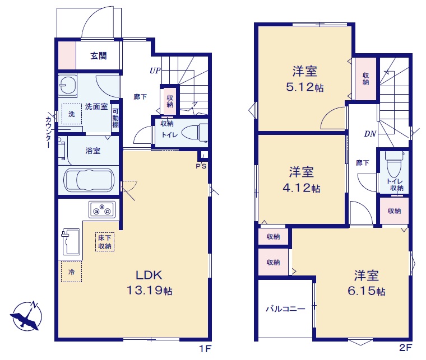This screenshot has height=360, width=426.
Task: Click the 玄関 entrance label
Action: (x=98, y=56)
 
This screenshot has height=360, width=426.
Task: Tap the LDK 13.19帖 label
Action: (x=150, y=283)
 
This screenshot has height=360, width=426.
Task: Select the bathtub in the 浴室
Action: (x=89, y=180)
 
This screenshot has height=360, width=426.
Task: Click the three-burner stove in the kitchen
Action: (x=102, y=209)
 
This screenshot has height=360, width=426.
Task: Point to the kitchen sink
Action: (x=71, y=242)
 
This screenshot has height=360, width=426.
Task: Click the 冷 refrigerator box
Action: (x=71, y=272)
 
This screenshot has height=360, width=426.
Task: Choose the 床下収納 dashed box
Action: (x=105, y=242)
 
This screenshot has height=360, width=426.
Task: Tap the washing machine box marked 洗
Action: (x=71, y=114)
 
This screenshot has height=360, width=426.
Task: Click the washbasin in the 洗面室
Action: (x=67, y=85)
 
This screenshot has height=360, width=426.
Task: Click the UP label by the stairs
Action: (x=155, y=71)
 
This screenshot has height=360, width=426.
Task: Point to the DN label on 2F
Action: (x=370, y=134)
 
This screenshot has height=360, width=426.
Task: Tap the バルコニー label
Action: (x=285, y=308)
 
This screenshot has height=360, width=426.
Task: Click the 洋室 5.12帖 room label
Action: (x=304, y=79)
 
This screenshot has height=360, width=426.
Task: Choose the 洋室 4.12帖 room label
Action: (x=302, y=180)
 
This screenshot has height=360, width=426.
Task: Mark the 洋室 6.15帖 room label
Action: (x=366, y=283)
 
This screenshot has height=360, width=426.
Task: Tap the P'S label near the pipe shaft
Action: (x=201, y=166)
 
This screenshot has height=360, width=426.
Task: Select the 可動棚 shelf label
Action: (x=115, y=118)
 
